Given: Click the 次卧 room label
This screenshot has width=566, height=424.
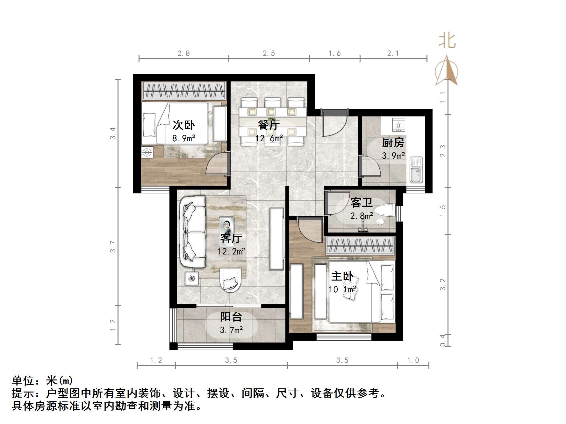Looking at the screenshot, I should [183, 125].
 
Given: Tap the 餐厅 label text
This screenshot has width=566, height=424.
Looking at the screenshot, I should [269, 124].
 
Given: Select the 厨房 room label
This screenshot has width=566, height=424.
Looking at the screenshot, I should [393, 142].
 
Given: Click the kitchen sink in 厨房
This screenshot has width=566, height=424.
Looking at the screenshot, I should [416, 170].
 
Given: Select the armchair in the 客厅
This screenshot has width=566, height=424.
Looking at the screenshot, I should [230, 280].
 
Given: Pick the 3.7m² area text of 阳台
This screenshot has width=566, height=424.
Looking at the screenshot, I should [231, 330].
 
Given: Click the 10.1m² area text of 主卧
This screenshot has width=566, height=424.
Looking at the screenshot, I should [342, 289].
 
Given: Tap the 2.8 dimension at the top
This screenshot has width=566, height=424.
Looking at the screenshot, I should [184, 53].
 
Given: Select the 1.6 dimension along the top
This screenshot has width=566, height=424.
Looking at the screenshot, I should [334, 53].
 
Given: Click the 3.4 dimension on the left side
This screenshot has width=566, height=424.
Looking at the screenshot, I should [113, 133].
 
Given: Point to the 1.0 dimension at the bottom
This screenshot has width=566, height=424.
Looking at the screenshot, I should [413, 360].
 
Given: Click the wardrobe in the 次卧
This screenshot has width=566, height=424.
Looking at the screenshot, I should [184, 91].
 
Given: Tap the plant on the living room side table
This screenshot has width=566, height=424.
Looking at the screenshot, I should [191, 278].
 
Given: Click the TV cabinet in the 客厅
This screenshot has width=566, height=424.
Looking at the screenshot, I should [276, 239].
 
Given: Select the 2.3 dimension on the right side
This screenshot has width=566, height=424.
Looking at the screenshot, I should [443, 151].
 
